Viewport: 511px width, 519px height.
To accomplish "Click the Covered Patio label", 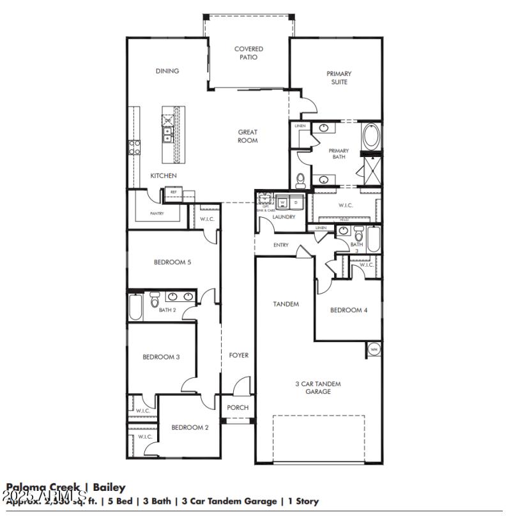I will click(x=248, y=53).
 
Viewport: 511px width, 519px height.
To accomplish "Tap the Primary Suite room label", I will click(x=339, y=78).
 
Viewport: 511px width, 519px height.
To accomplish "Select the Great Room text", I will click(x=248, y=136).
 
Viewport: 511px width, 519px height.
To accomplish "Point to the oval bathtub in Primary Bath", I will click(x=370, y=137).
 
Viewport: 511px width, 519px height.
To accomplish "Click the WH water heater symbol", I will click(x=374, y=349).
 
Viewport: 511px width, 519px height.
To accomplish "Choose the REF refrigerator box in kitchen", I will click(x=173, y=192).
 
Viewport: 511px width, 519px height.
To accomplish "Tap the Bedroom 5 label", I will click(x=172, y=262).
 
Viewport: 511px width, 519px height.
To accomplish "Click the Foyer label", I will click(x=238, y=355).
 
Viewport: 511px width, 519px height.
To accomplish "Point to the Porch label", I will click(x=238, y=408).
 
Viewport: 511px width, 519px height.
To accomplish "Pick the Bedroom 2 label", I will click(x=189, y=428).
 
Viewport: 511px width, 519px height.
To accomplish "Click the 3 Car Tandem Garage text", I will click(x=317, y=387).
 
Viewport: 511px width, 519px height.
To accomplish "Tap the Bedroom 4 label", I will click(x=348, y=310).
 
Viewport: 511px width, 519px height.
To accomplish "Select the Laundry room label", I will click(x=284, y=217).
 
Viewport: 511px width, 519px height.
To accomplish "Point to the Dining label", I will click(x=167, y=71).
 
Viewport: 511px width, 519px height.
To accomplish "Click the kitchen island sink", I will click(x=167, y=134).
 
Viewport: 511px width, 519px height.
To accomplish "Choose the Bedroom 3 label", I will click(x=160, y=357).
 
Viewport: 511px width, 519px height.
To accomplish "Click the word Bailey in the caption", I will click(x=109, y=488).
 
